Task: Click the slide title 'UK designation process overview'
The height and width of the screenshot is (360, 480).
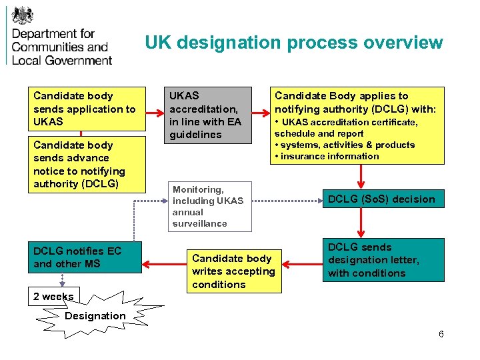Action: (x=293, y=43)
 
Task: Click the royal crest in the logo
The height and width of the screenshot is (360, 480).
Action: (x=23, y=15)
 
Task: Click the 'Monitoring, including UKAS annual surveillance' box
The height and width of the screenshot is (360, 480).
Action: (x=209, y=207)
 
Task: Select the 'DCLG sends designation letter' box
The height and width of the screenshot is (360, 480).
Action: (x=384, y=260)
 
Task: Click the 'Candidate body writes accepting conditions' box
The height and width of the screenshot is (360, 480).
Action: (x=233, y=271)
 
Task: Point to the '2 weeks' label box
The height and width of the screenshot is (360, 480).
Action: (x=53, y=297)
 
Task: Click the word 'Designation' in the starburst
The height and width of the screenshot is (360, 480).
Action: (x=95, y=315)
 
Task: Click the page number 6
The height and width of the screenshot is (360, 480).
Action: (x=441, y=334)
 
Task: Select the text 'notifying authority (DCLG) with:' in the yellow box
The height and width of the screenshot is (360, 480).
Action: (x=355, y=109)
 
